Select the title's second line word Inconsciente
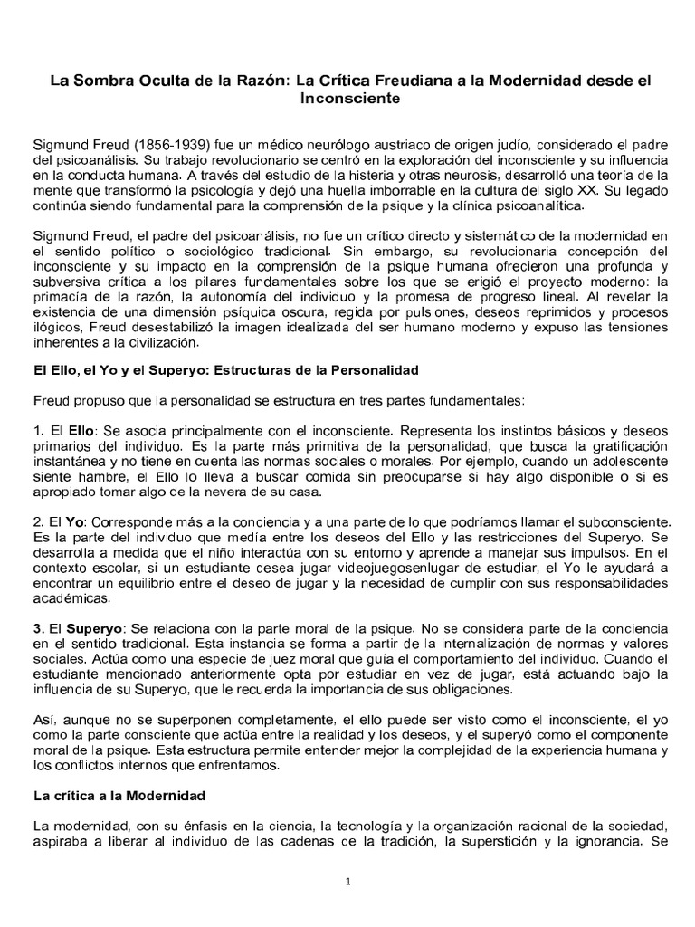pyautogui.click(x=348, y=98)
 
